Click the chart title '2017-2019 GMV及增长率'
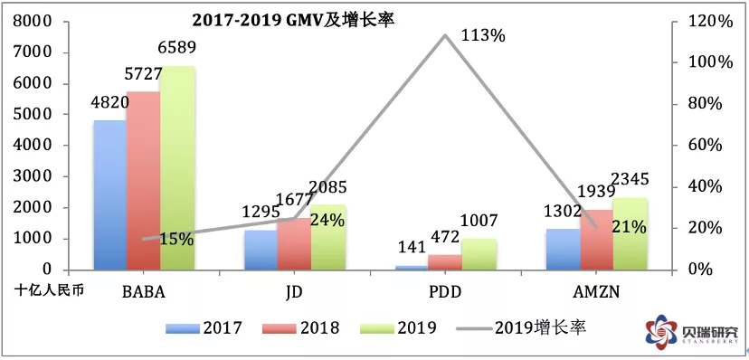point(292,21)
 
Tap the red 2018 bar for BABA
point(143,181)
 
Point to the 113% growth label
point(483,35)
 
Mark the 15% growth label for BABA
point(176,239)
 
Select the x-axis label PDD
point(444,291)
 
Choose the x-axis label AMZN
point(597,291)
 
